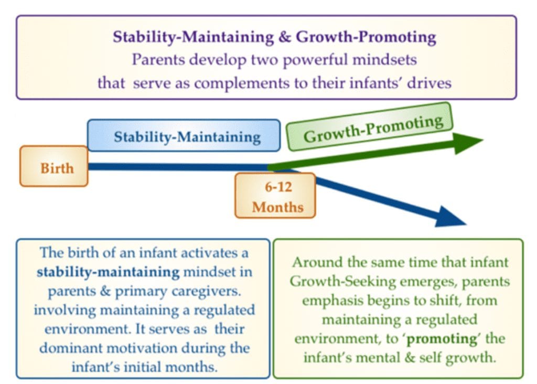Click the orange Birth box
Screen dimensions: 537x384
(54, 166)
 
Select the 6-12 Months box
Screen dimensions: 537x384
(275, 196)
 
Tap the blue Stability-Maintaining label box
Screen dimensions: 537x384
(184, 135)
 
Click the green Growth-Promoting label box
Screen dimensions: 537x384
(370, 127)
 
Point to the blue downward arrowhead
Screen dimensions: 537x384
(450, 217)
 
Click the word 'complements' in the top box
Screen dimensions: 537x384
(241, 83)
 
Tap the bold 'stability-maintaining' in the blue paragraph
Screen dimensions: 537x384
(108, 272)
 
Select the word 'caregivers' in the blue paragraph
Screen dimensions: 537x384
(206, 292)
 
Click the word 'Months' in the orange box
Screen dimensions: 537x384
(278, 207)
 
